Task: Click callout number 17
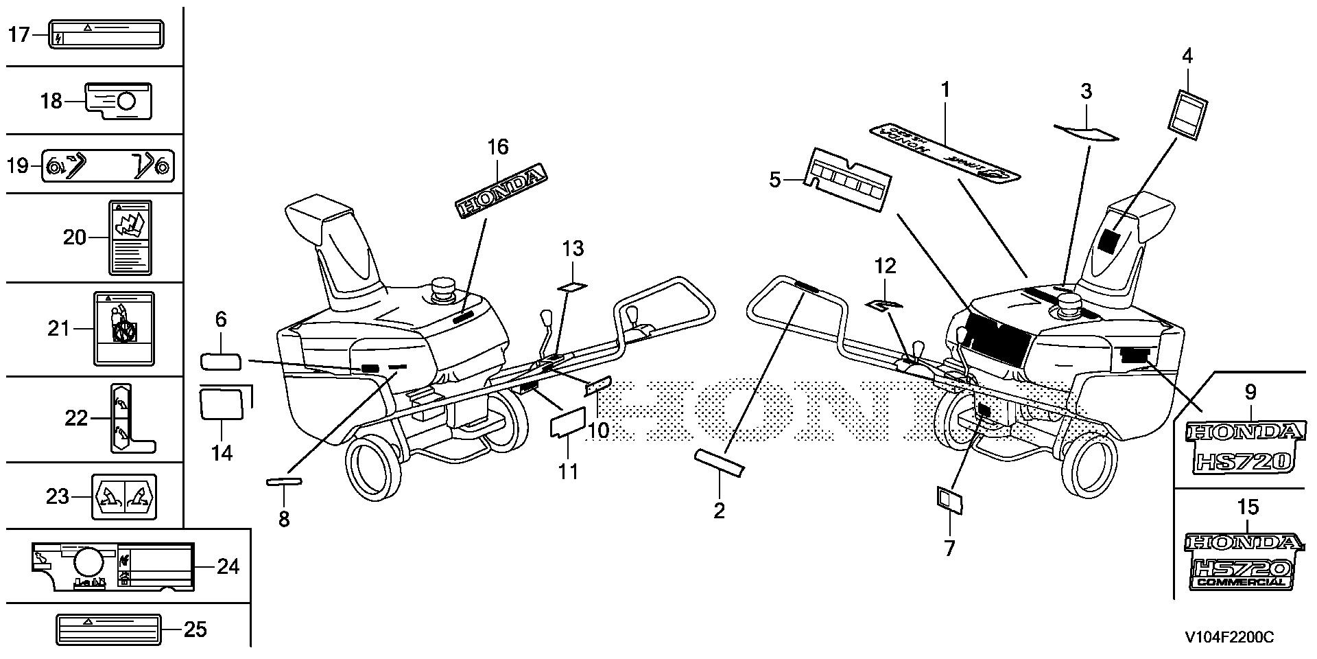19,34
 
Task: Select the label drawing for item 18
118,102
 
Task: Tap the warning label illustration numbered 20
130,238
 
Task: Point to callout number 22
76,417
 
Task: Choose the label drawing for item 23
123,496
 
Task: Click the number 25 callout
195,629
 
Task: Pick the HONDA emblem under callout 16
503,188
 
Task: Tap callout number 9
1250,393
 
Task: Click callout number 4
1187,56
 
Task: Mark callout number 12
886,266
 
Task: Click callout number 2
719,510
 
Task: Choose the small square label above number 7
949,501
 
